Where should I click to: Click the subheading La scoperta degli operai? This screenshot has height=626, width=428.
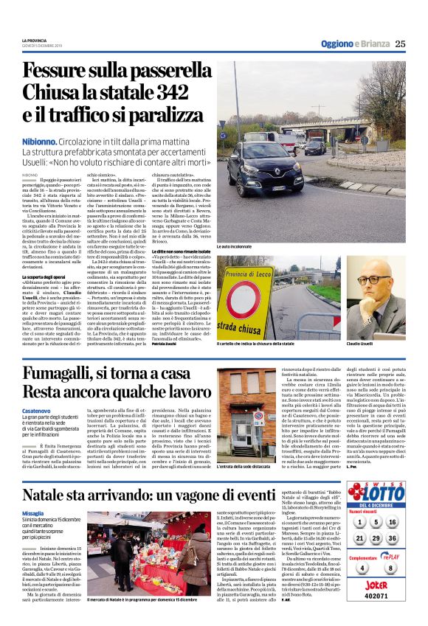(46, 276)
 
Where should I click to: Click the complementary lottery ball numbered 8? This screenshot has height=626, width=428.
(391, 568)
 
